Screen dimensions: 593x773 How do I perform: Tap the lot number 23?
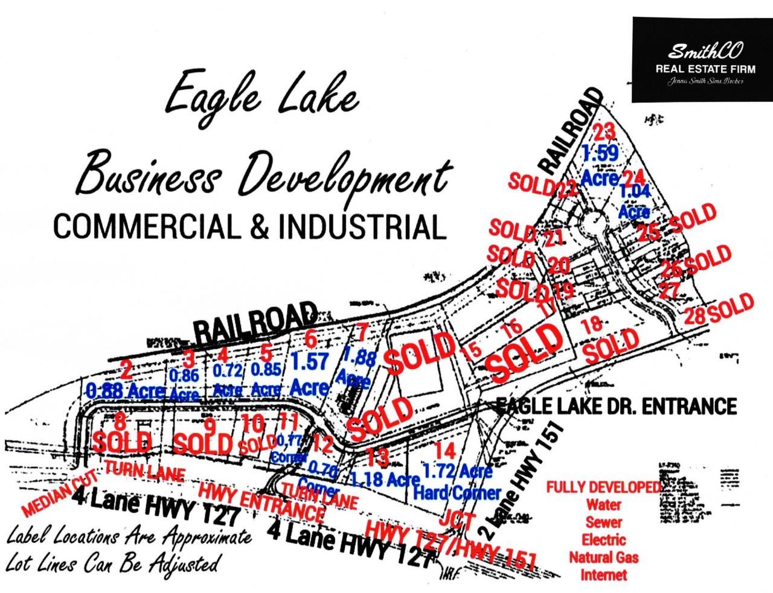coord(604,131)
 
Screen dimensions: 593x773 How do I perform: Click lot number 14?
coord(446,450)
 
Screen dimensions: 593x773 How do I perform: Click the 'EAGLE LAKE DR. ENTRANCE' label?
coord(616,406)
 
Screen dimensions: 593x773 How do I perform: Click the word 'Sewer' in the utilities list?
coord(603,522)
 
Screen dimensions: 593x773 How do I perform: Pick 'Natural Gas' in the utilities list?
coord(603,557)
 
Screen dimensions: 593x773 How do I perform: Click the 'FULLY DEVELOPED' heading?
coord(603,487)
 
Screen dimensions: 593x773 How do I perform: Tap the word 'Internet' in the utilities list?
coord(603,574)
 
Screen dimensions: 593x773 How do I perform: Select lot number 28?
coord(694,316)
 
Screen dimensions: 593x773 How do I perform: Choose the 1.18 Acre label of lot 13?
coord(385,479)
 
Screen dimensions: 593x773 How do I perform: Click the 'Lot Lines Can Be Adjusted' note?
coord(111,564)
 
